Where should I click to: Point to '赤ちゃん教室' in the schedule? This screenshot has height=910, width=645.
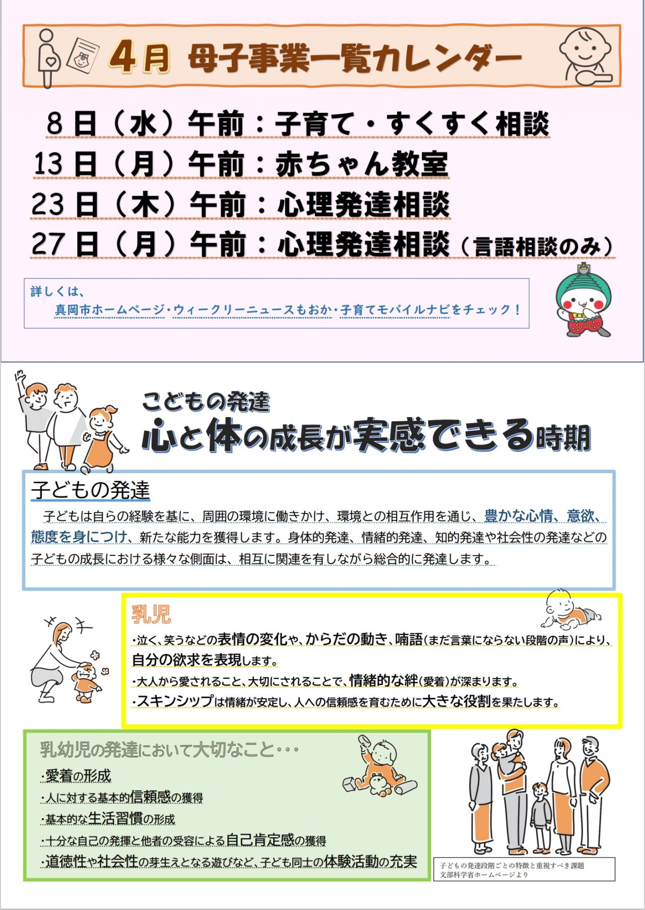[362, 164]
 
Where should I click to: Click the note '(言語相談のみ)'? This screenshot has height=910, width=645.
[537, 247]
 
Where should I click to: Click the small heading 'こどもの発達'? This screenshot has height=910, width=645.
[206, 402]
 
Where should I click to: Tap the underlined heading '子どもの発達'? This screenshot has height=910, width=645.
[91, 490]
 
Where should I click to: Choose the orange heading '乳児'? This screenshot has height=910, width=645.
[151, 615]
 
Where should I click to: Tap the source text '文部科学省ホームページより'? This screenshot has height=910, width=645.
[484, 875]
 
